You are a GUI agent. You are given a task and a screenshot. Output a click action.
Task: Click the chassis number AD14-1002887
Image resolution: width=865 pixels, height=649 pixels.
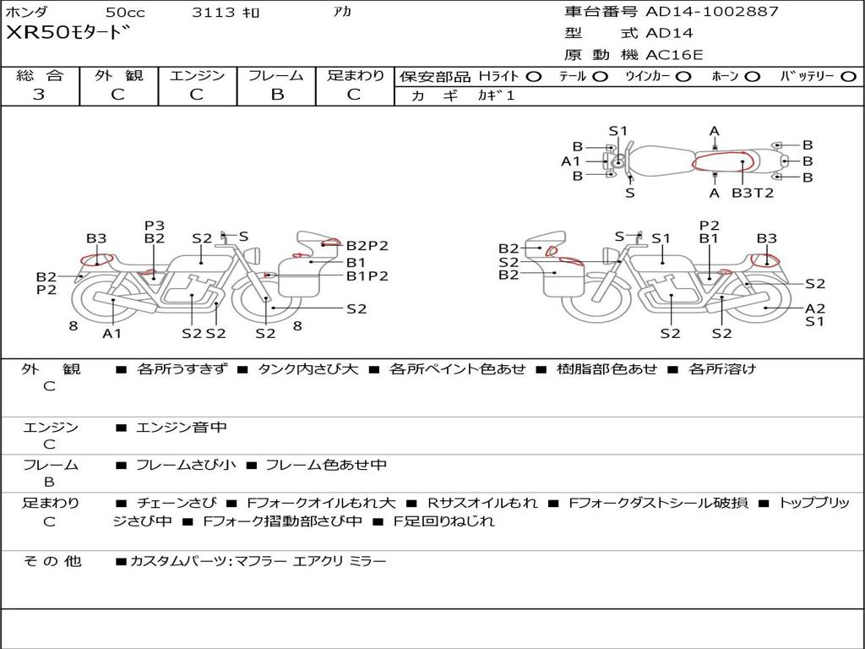[712, 12]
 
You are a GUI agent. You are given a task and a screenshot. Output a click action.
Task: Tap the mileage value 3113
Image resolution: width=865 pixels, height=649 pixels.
[214, 13]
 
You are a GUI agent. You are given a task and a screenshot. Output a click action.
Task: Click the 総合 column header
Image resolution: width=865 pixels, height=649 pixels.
[40, 76]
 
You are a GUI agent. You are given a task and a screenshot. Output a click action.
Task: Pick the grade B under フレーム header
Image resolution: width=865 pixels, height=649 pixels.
[276, 95]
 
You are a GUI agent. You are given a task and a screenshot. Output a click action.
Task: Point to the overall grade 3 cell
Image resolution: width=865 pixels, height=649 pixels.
[40, 95]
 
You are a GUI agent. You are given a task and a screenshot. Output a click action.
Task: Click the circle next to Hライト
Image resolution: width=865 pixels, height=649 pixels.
[533, 77]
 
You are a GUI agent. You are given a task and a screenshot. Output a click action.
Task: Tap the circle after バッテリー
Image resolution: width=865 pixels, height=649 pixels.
[848, 77]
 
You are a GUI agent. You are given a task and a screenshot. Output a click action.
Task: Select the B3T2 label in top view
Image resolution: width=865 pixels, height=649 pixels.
[752, 193]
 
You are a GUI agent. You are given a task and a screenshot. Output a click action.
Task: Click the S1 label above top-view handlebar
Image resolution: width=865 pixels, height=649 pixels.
[618, 131]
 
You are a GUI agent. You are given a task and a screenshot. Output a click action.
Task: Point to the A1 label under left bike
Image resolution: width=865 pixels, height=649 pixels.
[112, 334]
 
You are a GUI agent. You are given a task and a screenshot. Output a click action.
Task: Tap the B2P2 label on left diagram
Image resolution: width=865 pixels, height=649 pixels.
[367, 246]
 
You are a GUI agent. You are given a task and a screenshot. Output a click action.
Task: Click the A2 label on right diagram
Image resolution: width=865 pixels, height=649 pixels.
[814, 308]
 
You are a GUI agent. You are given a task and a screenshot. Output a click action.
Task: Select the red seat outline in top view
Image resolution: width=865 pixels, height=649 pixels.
[722, 161]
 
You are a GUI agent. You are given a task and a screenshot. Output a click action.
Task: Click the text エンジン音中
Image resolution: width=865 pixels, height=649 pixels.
[182, 428]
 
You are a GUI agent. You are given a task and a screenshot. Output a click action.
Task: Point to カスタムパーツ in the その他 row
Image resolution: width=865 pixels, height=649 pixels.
[177, 561]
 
